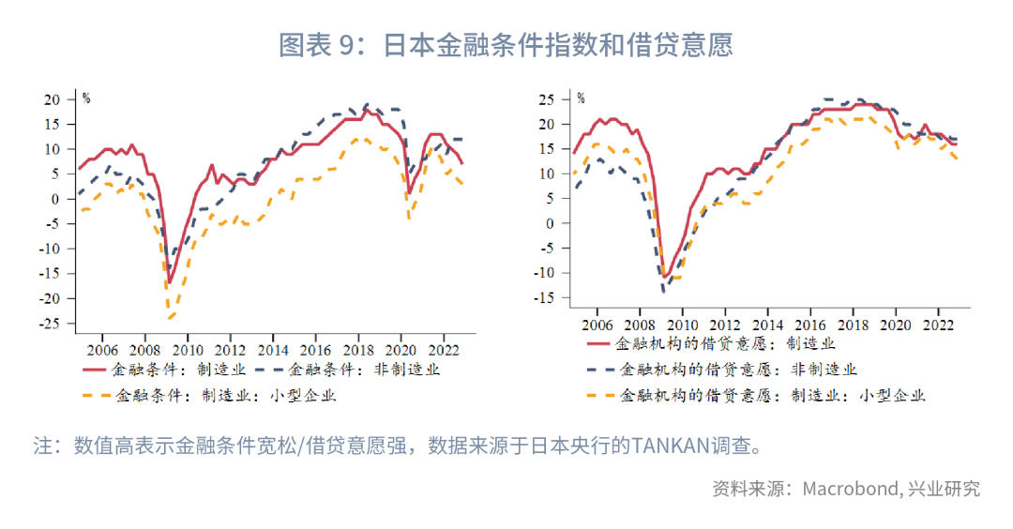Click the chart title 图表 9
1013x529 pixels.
click(506, 45)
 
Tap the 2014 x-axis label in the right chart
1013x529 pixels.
click(767, 324)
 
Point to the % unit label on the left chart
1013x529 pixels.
click(85, 98)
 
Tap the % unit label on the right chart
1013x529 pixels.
click(581, 98)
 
